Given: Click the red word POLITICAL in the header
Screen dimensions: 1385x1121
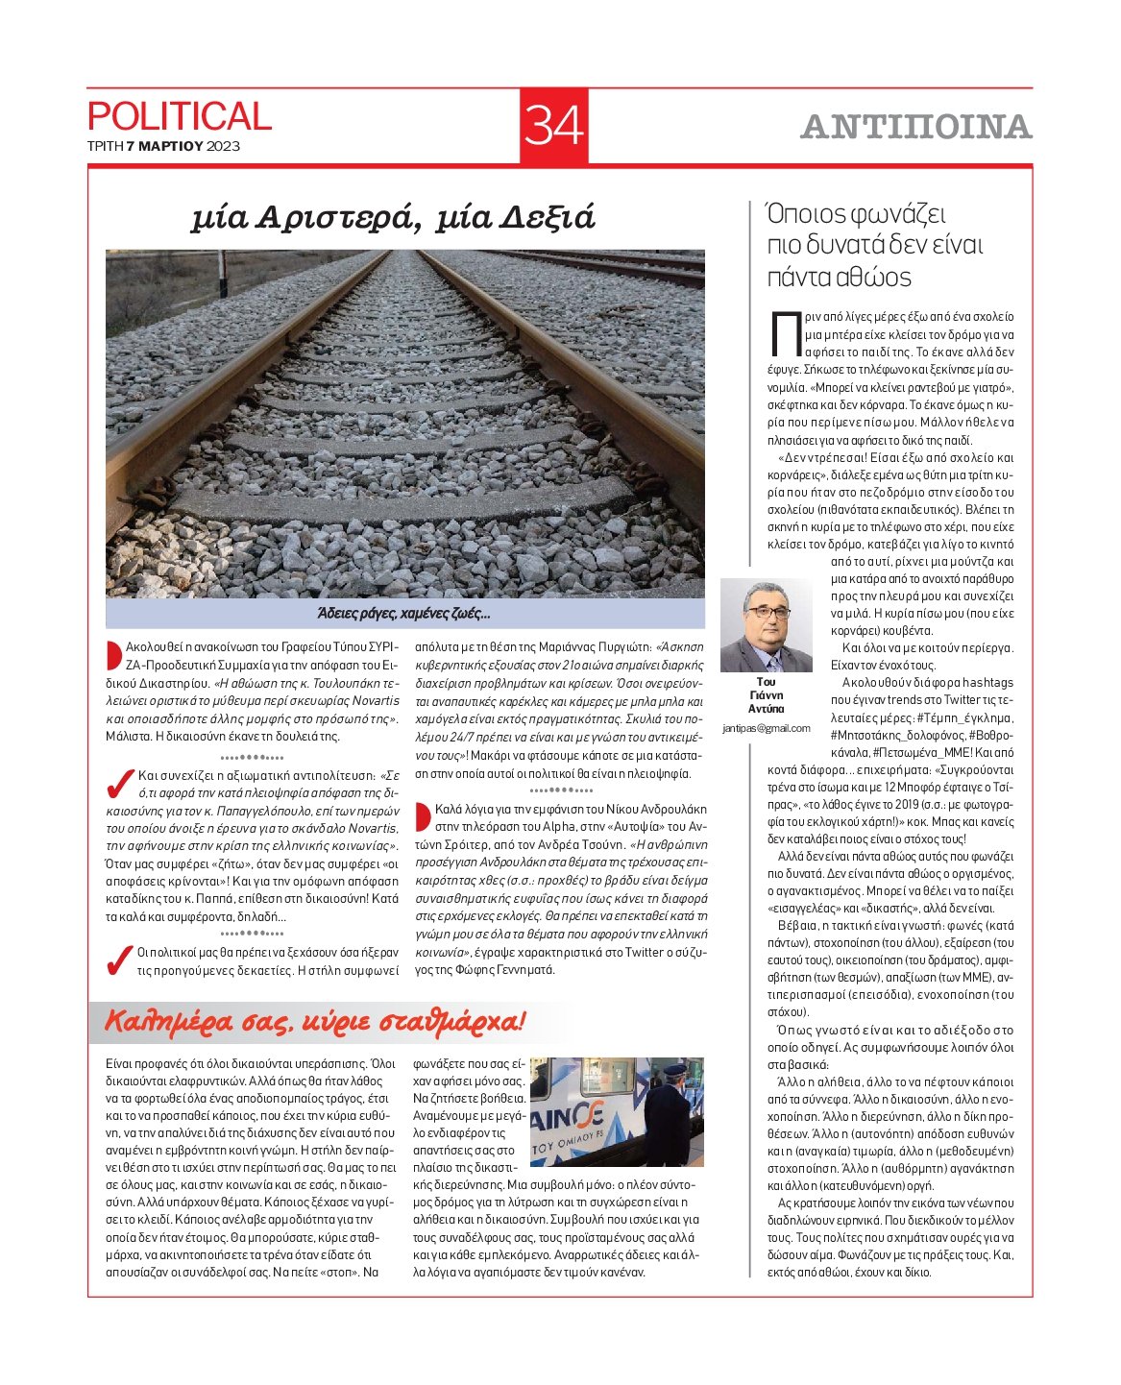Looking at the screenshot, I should click(180, 116).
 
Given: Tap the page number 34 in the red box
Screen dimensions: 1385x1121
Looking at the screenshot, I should click(554, 126).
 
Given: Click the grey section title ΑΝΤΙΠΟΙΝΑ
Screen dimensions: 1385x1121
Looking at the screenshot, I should click(915, 127).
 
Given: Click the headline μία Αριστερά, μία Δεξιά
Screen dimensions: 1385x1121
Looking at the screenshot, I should click(393, 218).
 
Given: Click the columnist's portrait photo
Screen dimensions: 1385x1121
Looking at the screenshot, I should click(766, 626).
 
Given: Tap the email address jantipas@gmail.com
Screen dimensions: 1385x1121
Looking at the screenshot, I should click(766, 728).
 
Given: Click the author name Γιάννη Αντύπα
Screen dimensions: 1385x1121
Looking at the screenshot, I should click(766, 701).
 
